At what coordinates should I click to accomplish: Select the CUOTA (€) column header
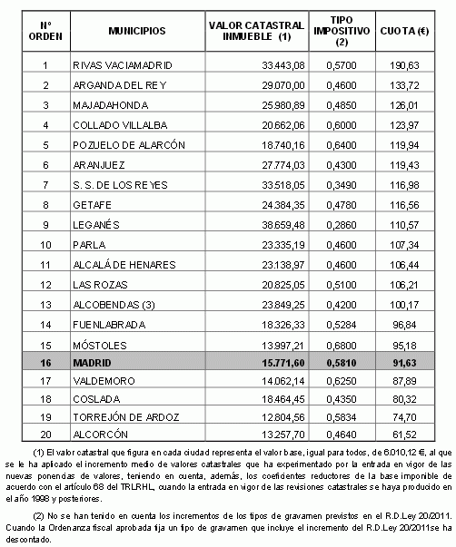(405, 30)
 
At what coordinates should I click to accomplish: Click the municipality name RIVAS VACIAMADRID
(122, 65)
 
